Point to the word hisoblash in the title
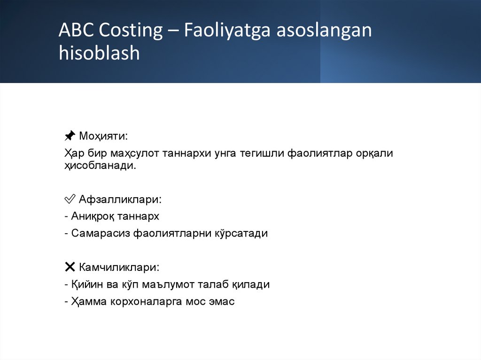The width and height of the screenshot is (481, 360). tap(100, 53)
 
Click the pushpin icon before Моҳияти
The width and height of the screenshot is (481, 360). tap(70, 136)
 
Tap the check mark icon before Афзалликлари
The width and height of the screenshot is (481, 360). tap(70, 199)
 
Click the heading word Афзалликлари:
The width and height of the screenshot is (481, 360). tap(120, 199)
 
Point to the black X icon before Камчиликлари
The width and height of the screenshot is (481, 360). tap(70, 267)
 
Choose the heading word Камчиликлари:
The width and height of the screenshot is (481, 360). tap(119, 267)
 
